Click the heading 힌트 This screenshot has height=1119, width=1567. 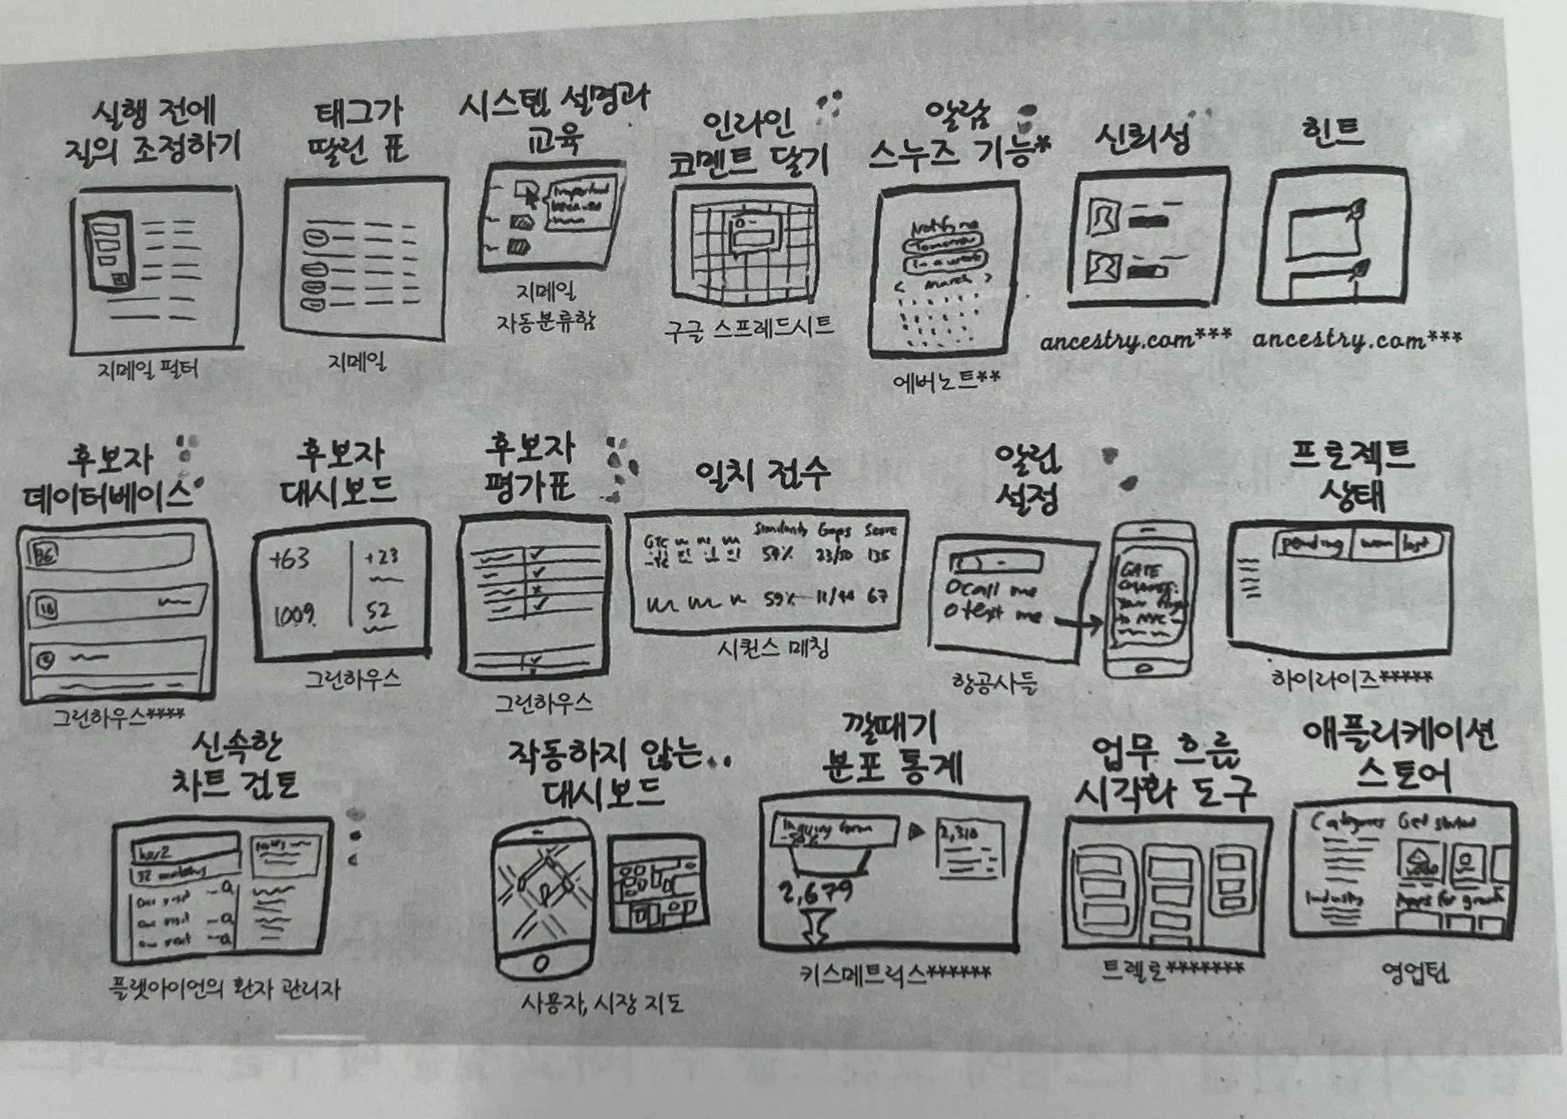tap(1331, 132)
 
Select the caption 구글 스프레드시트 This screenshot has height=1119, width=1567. tap(748, 327)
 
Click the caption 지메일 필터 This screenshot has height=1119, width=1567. tap(148, 369)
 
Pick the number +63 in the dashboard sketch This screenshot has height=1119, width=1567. tap(290, 559)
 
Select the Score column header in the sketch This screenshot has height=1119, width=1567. tap(881, 530)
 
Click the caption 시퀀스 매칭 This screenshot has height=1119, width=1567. tap(772, 649)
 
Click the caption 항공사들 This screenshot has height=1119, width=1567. tap(995, 683)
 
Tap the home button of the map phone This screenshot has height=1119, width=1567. tap(541, 963)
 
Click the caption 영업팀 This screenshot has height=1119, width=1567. tap(1416, 972)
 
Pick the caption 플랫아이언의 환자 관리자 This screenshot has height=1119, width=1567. tap(225, 990)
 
